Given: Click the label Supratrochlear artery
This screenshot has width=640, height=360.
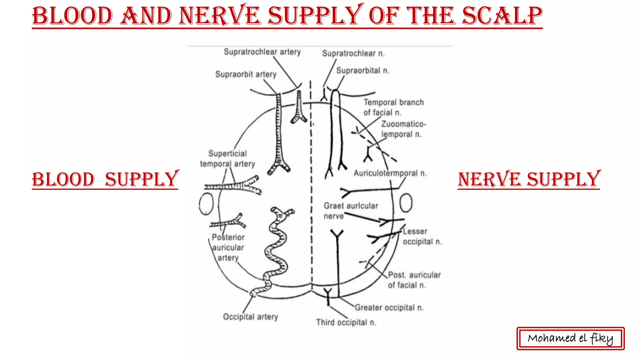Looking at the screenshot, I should [262, 52].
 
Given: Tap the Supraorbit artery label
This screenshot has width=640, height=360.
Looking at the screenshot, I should [246, 74].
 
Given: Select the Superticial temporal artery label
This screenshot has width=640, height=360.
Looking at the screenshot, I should [227, 159].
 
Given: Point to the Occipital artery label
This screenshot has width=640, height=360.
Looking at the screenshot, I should [250, 317].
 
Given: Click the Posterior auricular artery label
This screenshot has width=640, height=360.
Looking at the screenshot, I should [228, 247].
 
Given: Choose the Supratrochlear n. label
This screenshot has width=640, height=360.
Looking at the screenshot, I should [353, 53].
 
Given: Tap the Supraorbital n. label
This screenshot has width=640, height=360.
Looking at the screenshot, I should [362, 71].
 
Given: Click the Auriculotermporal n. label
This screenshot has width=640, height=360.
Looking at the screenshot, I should [390, 173].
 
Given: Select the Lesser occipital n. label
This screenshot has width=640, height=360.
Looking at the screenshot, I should [422, 237].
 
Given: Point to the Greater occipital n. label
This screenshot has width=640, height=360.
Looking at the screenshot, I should [389, 308].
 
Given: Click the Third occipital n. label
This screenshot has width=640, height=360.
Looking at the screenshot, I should [346, 322].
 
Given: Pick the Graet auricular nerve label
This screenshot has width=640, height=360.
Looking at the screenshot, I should [350, 211].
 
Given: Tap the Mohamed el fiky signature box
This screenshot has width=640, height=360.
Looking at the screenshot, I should [570, 338].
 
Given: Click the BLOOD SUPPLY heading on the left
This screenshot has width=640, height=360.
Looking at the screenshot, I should [105, 180].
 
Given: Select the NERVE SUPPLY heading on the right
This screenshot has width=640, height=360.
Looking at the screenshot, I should [529, 180].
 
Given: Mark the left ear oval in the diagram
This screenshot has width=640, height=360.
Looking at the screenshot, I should [206, 204].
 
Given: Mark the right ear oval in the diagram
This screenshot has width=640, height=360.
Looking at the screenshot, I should [406, 203].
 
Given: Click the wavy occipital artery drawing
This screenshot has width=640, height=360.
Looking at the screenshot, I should [276, 250].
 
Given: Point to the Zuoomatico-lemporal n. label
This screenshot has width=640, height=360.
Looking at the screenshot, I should [403, 129].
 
